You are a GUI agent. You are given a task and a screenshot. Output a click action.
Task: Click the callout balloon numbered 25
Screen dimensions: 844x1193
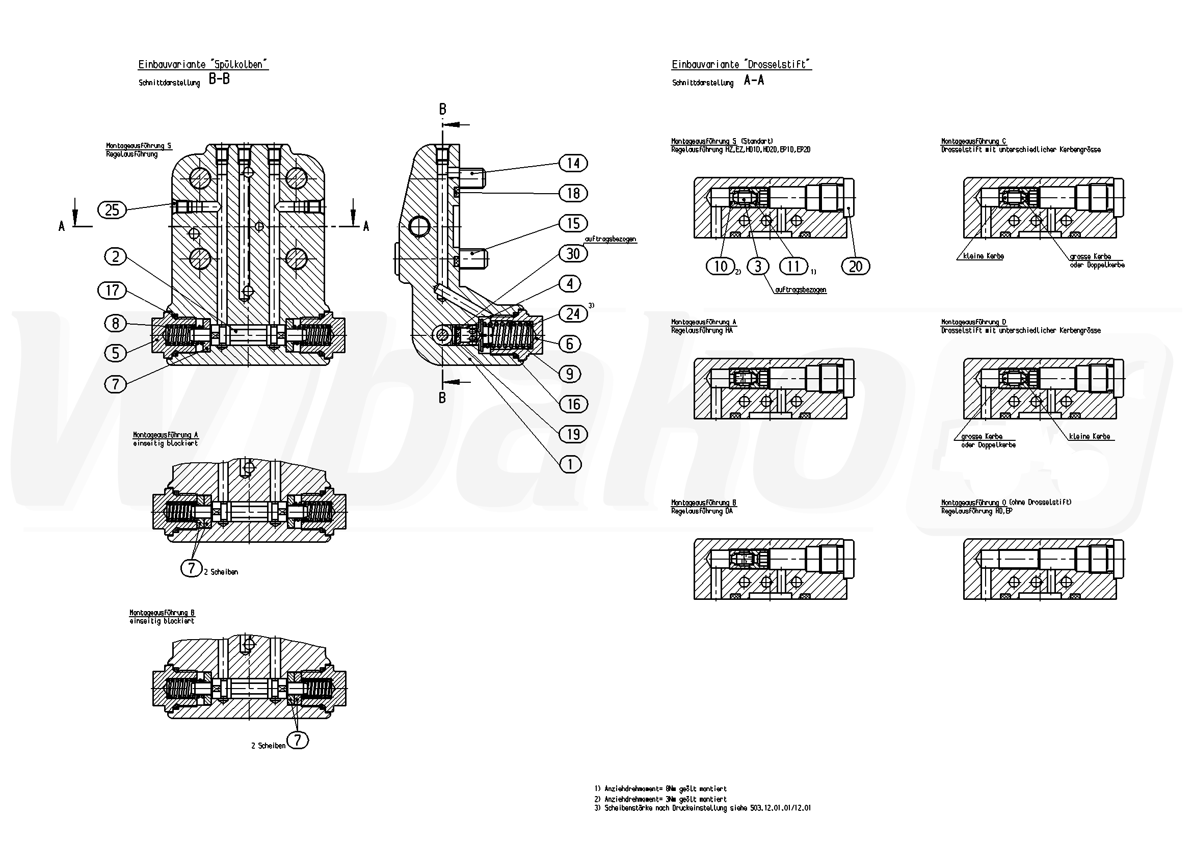112,210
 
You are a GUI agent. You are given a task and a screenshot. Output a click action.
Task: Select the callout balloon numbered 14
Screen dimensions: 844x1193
573,163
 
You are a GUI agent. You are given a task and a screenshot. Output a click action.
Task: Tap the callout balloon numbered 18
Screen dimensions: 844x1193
573,193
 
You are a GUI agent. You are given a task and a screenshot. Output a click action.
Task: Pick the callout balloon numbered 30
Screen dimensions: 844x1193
573,254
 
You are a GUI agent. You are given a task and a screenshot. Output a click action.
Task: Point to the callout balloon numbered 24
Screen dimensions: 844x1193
573,314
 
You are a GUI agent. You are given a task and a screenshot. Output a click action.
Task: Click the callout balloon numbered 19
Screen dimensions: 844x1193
573,434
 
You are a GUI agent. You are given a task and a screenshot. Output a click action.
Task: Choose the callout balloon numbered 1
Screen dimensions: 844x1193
571,464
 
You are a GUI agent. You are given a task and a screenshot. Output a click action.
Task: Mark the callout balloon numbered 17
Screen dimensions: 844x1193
112,291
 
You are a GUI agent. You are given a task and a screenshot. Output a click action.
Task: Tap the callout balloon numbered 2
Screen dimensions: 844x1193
115,256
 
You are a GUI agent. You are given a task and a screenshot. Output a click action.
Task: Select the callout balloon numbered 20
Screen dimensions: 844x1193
855,267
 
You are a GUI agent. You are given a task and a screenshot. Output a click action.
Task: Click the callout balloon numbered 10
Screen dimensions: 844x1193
720,266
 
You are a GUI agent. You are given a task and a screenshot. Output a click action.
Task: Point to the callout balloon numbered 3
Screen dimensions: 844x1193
758,266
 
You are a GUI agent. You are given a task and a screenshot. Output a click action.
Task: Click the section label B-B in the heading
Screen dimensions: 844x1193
219,80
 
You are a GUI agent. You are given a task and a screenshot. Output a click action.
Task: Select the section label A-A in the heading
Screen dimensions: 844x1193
753,80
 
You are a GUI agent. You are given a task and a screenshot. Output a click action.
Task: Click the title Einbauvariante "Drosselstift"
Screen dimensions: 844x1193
741,64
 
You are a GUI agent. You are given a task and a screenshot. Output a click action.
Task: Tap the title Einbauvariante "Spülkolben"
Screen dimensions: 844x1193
203,64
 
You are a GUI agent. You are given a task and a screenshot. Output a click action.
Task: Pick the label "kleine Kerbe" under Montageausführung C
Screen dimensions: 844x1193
983,256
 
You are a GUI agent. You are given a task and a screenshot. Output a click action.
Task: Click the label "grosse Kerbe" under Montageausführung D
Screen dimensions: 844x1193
982,437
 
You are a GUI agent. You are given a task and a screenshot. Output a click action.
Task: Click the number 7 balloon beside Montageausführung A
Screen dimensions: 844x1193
191,568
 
